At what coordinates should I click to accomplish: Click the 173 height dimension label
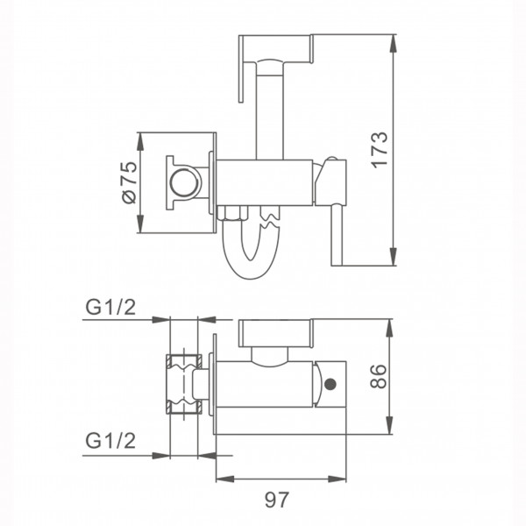tap(380, 150)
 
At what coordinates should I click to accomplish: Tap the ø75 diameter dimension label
tap(130, 182)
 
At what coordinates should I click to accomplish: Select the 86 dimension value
tap(378, 376)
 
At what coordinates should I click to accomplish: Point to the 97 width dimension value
tap(276, 500)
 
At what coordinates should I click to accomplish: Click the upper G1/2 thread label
tap(110, 307)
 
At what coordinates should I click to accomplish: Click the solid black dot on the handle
tap(331, 384)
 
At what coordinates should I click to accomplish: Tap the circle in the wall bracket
tap(184, 183)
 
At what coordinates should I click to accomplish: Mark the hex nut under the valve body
tap(232, 213)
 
